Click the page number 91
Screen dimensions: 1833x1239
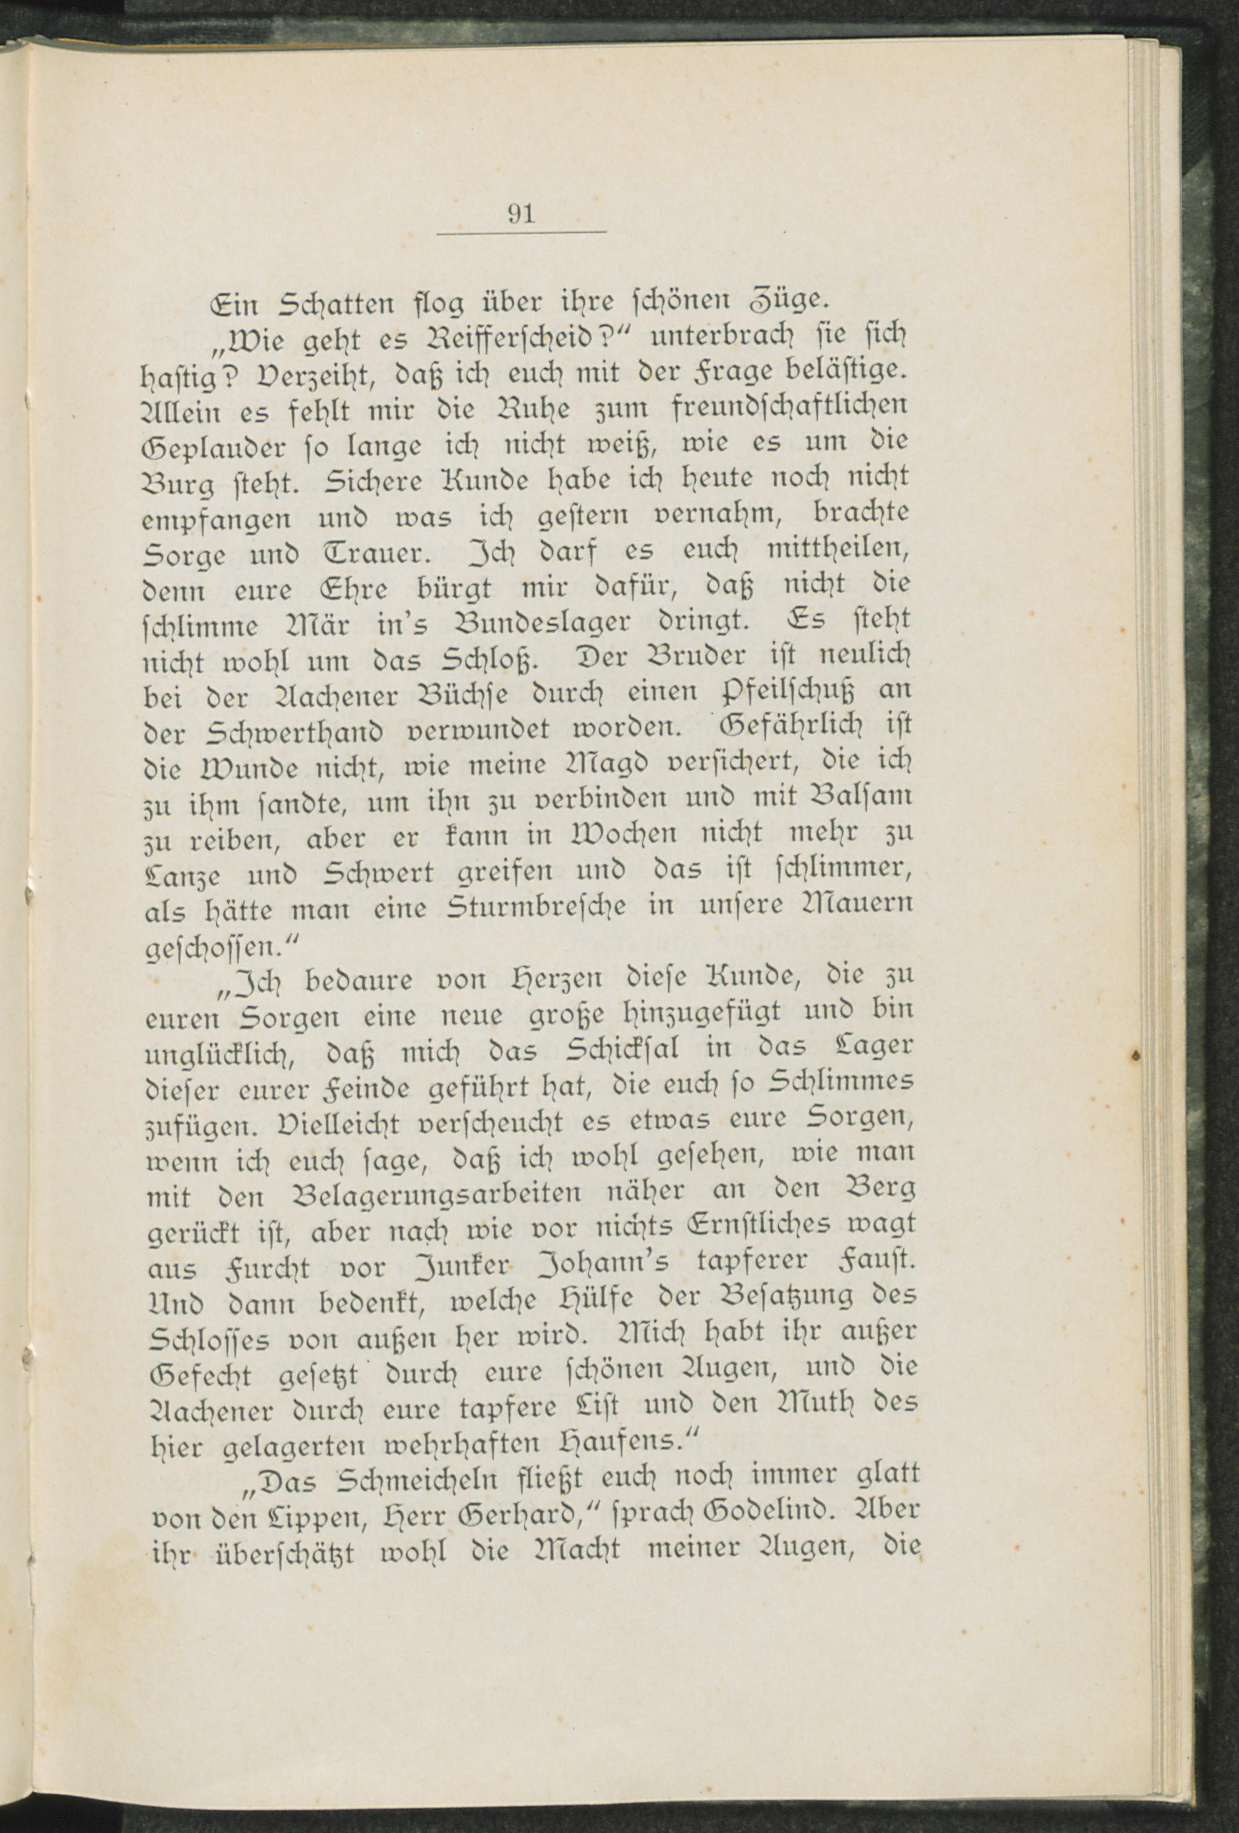point(522,214)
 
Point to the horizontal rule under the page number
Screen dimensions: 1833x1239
point(522,232)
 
